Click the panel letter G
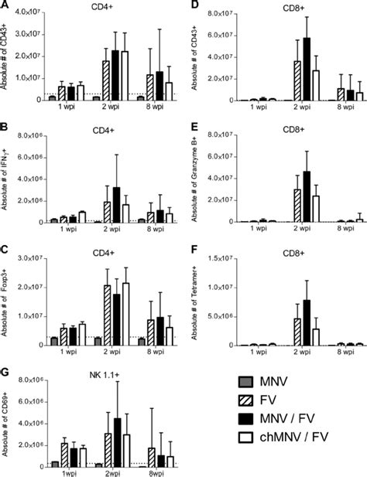(x=6, y=373)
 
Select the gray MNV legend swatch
(x=245, y=383)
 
